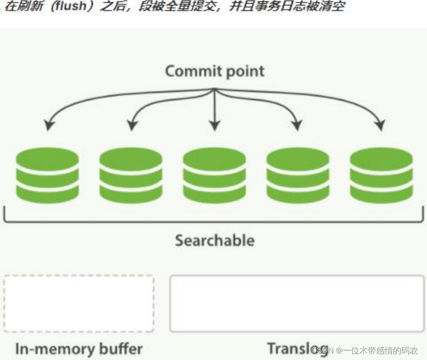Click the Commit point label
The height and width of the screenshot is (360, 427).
point(214,71)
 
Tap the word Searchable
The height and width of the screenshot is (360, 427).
point(214,240)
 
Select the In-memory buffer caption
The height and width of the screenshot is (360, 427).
point(79,348)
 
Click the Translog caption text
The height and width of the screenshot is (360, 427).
point(297,348)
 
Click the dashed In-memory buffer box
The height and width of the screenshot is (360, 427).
point(79,303)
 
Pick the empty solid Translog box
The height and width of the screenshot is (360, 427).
point(297,303)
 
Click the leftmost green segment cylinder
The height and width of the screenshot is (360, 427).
point(47,176)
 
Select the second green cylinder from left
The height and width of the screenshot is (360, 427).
point(131,176)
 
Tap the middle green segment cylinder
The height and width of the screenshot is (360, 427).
point(214,176)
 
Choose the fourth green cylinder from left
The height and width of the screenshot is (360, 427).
point(298,176)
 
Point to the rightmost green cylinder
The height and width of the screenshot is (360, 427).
point(381,176)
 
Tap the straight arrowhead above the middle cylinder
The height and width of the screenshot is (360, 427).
point(214,126)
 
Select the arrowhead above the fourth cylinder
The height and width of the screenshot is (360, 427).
point(296,125)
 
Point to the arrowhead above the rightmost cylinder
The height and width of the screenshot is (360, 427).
point(378,125)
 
